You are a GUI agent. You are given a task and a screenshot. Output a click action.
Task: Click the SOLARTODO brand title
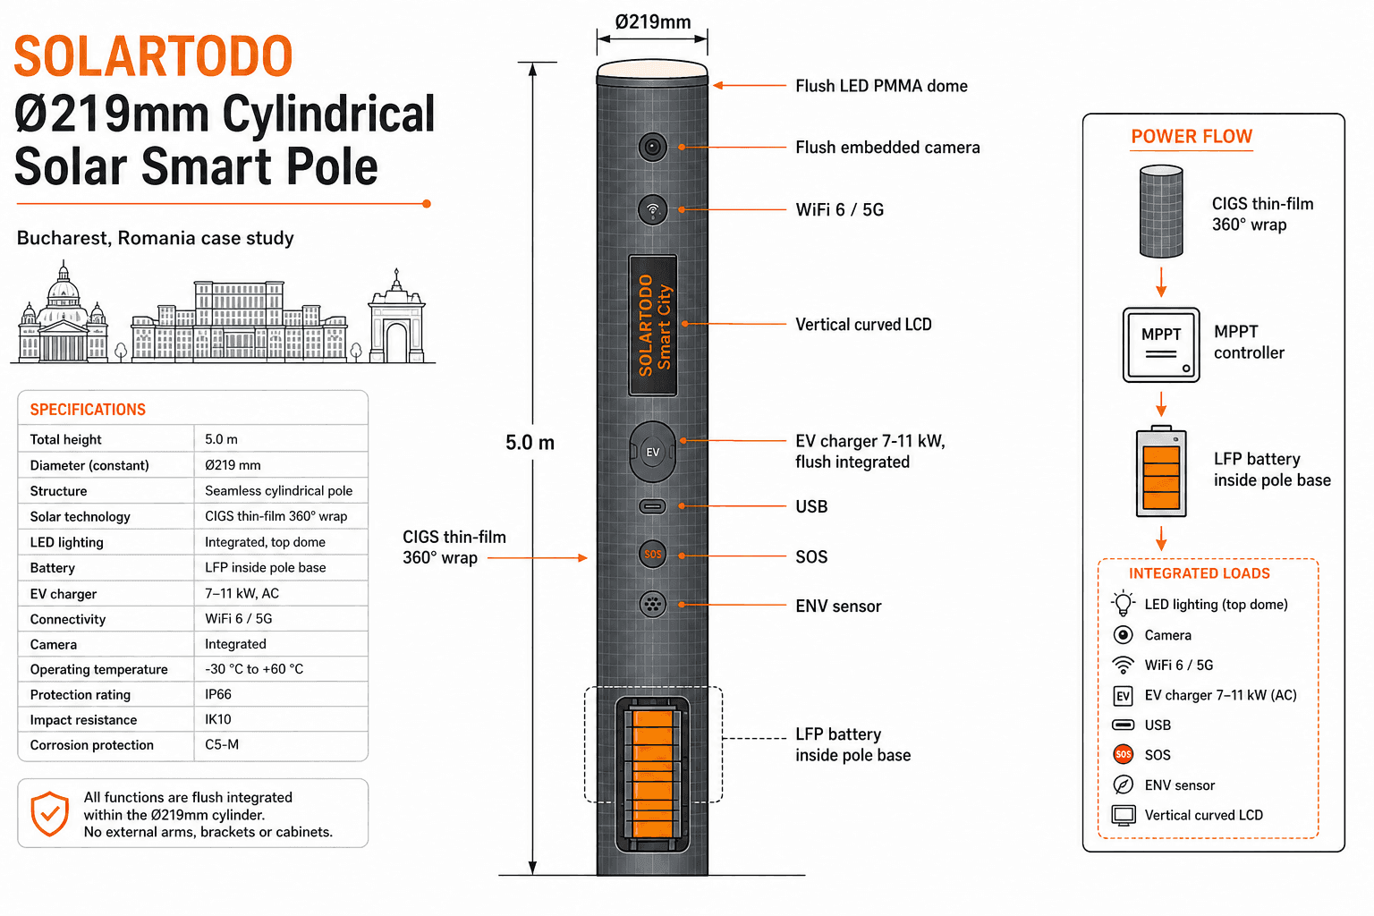(x=153, y=55)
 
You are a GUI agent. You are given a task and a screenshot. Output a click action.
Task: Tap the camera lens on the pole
(x=652, y=148)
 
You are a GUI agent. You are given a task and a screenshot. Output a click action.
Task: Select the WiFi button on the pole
(x=652, y=210)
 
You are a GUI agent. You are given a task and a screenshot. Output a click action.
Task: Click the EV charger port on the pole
(x=652, y=452)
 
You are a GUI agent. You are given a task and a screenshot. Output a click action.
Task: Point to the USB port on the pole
(x=652, y=506)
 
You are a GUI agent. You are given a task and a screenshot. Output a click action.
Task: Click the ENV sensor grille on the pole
(x=652, y=605)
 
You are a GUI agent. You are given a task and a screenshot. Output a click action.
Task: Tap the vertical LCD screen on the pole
(x=653, y=326)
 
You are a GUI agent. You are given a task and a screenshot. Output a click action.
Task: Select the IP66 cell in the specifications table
(x=217, y=694)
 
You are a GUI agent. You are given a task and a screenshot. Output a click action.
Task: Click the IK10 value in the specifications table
(x=217, y=719)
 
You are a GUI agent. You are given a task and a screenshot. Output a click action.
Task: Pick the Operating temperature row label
(x=98, y=669)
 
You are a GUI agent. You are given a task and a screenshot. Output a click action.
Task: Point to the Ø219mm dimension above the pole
(x=653, y=22)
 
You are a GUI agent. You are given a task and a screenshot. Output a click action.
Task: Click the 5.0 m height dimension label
(x=530, y=443)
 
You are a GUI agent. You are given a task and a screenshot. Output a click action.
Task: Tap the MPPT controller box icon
(x=1160, y=344)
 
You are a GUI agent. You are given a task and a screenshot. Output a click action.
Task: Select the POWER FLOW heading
(x=1192, y=136)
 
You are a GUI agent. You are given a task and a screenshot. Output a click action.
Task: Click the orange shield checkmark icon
(x=50, y=813)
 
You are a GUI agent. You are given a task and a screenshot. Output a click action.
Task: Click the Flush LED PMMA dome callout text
(x=881, y=86)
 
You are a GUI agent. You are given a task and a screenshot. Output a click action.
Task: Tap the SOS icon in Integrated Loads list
(x=1124, y=754)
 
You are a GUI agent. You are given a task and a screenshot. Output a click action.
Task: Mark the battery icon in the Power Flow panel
(x=1160, y=471)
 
